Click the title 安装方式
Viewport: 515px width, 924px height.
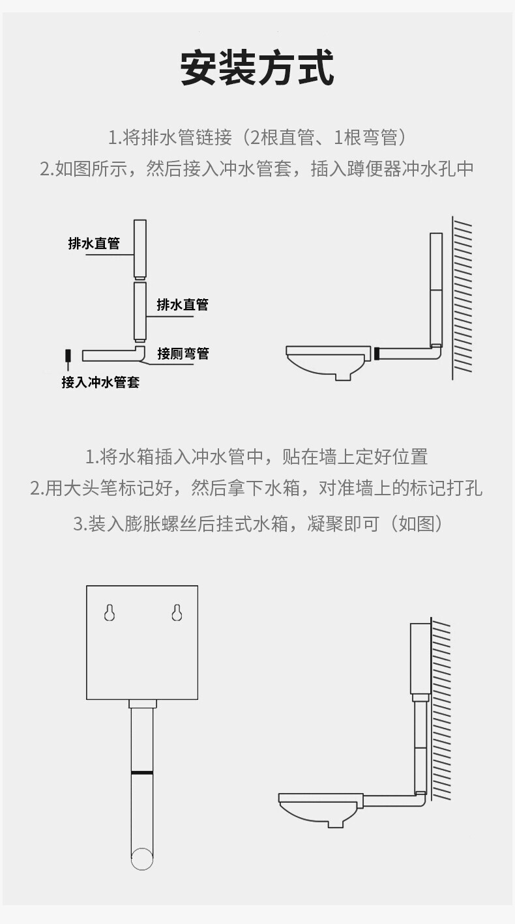(257, 68)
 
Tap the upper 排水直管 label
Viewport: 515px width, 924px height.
(94, 244)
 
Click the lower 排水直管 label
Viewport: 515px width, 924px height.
(183, 304)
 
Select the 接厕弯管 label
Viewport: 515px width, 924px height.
(183, 354)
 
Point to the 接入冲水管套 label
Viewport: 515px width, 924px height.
(100, 382)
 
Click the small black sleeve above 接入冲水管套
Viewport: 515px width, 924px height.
(67, 356)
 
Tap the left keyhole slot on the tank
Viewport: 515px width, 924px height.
(110, 613)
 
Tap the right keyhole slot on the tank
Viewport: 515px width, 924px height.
(176, 613)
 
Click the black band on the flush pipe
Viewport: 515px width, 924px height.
(141, 772)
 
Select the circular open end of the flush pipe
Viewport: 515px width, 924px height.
(141, 858)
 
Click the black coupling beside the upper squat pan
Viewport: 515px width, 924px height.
(376, 354)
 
